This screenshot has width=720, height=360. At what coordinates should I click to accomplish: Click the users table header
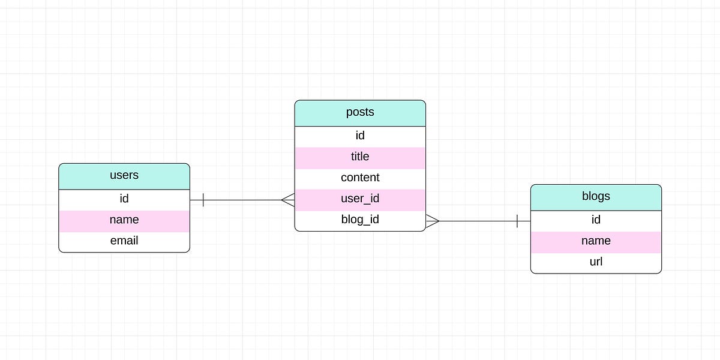[x=124, y=176]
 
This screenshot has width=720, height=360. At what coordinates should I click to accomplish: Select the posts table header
[x=360, y=113]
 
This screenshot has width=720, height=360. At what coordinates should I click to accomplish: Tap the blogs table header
[x=596, y=197]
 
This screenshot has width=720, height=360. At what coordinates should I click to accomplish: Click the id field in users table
[x=124, y=199]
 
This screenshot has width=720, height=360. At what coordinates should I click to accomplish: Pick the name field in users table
[x=124, y=220]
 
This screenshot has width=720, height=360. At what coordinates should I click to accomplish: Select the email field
[x=124, y=241]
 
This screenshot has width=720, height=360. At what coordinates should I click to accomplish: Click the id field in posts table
[x=360, y=136]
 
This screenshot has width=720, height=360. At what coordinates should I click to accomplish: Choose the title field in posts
[x=360, y=157]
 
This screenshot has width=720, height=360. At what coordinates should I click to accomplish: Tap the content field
[x=360, y=178]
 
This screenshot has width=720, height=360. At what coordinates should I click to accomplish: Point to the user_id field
[x=360, y=199]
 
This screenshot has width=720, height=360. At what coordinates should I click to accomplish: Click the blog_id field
[x=360, y=220]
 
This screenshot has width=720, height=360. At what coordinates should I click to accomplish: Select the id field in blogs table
[x=596, y=220]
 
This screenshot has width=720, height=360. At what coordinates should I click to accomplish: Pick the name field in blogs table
[x=596, y=241]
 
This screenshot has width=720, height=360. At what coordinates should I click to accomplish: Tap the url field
[x=596, y=262]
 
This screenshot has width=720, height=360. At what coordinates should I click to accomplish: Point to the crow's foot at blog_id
[x=433, y=221]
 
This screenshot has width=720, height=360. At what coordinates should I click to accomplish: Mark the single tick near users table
[x=203, y=200]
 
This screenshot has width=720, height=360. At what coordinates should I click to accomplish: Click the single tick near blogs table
[x=517, y=221]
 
